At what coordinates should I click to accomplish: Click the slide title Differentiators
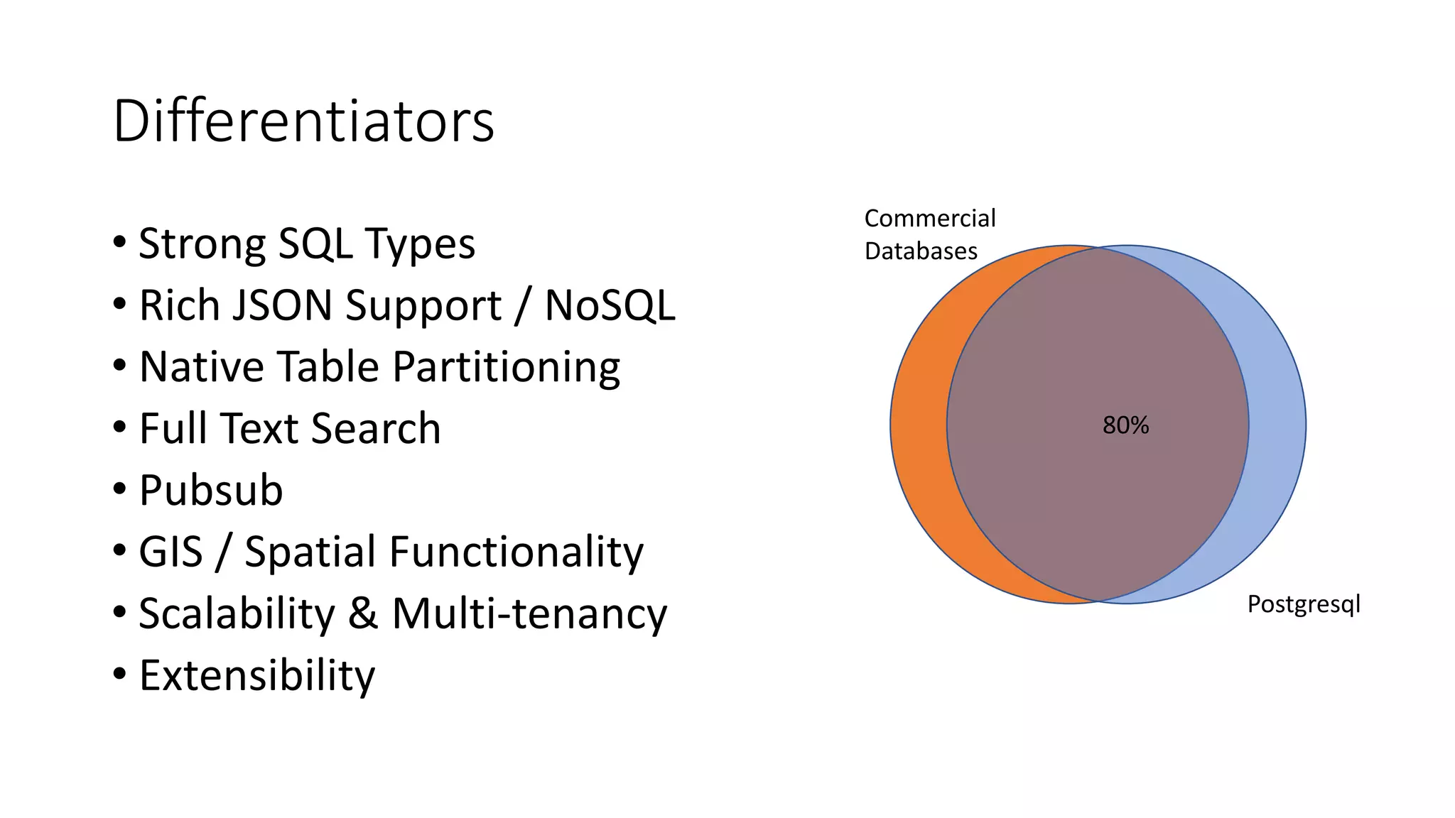pyautogui.click(x=303, y=121)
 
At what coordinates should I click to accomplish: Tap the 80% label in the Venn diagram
pyautogui.click(x=1125, y=425)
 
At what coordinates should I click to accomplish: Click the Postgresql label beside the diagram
pyautogui.click(x=1304, y=604)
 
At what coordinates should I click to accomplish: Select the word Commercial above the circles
pyautogui.click(x=930, y=218)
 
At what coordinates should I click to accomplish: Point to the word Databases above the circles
pyautogui.click(x=921, y=251)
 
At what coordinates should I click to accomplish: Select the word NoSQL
pyautogui.click(x=610, y=305)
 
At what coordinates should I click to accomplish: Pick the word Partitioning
pyautogui.click(x=506, y=367)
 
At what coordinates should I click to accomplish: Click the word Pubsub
pyautogui.click(x=211, y=490)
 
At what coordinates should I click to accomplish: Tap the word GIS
pyautogui.click(x=171, y=552)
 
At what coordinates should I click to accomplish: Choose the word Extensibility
pyautogui.click(x=256, y=675)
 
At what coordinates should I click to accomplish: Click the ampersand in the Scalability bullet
pyautogui.click(x=362, y=613)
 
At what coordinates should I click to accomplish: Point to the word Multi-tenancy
pyautogui.click(x=529, y=613)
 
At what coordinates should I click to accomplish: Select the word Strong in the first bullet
pyautogui.click(x=202, y=244)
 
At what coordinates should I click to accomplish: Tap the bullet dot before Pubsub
pyautogui.click(x=119, y=489)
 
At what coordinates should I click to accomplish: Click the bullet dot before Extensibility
pyautogui.click(x=119, y=673)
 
